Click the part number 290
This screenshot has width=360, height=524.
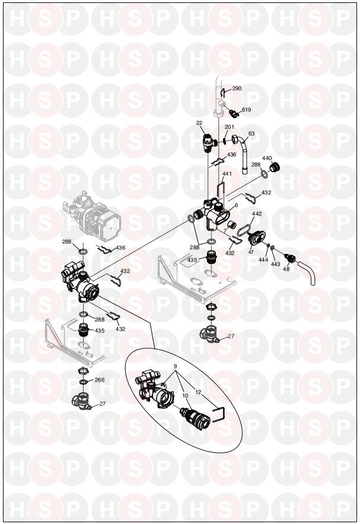(x=237, y=88)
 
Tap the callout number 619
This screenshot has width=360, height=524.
(x=247, y=110)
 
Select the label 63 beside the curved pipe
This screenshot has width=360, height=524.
(x=251, y=134)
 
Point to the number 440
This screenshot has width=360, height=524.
(x=267, y=158)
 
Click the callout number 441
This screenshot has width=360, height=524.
(x=227, y=174)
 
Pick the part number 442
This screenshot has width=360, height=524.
(x=257, y=214)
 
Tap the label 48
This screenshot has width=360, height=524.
(x=286, y=269)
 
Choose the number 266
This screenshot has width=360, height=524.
(x=100, y=380)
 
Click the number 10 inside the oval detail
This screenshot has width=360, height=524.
(x=186, y=395)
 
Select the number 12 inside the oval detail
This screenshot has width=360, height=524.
(x=198, y=392)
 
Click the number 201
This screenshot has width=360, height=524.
(x=230, y=127)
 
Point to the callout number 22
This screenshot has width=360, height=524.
(x=199, y=123)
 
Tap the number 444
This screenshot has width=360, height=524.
(x=263, y=260)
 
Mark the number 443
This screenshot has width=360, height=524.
(x=276, y=264)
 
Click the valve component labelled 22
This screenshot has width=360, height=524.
(x=209, y=142)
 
